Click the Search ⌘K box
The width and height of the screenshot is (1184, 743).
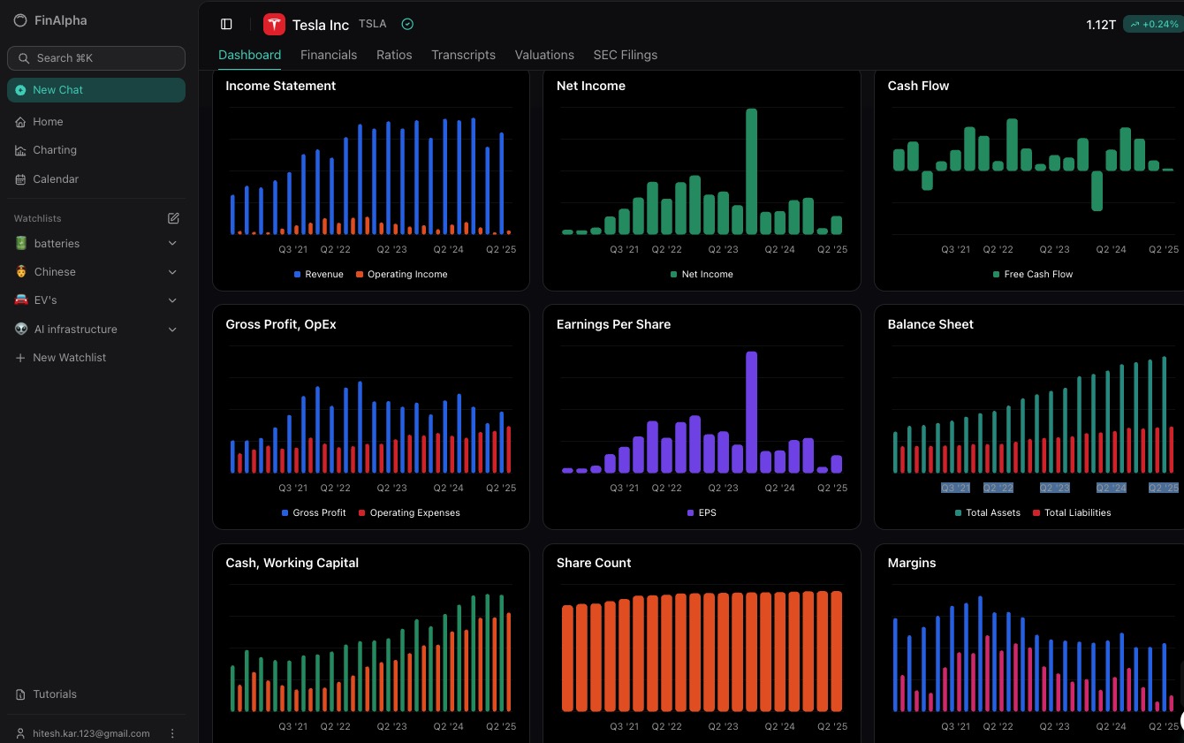coord(96,58)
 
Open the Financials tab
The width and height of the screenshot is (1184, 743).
coord(328,55)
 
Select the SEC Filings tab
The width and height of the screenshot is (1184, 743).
coord(626,55)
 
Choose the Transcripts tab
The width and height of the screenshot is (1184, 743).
coord(463,55)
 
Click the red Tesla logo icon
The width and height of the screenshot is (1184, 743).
coord(274,25)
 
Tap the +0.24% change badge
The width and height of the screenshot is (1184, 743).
coord(1154,25)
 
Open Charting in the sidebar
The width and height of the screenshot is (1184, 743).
coord(55,150)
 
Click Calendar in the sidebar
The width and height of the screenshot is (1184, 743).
coord(56,179)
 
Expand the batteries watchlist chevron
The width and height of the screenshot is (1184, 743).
coord(172,243)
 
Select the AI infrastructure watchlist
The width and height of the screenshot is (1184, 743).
coord(76,330)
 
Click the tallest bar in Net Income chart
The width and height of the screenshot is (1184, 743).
coord(751,171)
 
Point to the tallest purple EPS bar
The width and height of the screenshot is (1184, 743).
coord(751,413)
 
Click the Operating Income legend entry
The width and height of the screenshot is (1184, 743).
coord(402,274)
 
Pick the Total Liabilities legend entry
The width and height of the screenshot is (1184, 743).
coord(1072,512)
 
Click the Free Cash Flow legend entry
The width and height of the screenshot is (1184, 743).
coord(1033,274)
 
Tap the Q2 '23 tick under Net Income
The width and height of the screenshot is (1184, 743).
coord(723,249)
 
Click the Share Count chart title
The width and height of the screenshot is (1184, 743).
coord(594,563)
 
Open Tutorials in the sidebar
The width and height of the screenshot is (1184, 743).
coord(55,694)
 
